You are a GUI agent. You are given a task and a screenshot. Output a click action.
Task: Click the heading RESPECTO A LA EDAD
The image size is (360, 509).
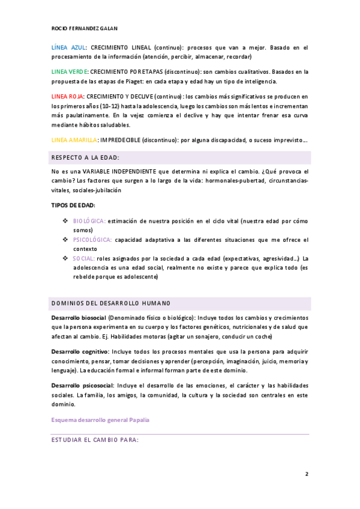[86, 157]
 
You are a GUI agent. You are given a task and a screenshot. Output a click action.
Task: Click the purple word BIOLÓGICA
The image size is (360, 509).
[89, 221]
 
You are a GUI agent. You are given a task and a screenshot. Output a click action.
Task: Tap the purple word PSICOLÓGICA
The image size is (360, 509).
[92, 239]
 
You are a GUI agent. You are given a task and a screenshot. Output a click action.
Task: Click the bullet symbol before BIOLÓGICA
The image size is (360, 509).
[65, 221]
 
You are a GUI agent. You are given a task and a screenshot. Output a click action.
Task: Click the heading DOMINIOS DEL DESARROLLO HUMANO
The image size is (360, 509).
[111, 303]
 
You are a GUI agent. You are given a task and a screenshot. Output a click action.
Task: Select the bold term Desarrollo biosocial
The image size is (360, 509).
[79, 318]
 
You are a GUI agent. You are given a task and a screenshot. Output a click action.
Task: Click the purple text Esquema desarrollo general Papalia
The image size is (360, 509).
[100, 420]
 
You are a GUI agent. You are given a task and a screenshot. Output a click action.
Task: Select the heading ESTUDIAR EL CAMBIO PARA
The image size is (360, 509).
[95, 440]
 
